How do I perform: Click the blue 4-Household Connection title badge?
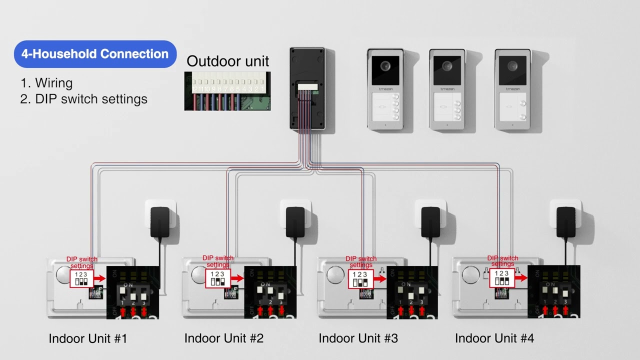95,54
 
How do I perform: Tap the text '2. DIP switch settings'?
84,99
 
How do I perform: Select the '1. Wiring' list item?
47,83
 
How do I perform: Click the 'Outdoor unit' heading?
227,61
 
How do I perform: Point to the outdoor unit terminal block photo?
227,90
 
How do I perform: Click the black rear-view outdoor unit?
307,88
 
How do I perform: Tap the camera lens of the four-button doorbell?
385,66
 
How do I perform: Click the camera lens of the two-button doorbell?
512,66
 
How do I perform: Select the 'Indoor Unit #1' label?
88,338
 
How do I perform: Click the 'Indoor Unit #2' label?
223,338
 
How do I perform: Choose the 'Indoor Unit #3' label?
358,338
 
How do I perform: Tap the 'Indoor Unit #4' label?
494,338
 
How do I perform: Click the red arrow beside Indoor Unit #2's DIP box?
236,278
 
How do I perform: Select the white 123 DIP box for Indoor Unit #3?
360,279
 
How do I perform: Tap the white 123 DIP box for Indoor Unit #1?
81,278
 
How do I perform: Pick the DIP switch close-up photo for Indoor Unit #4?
553,292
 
